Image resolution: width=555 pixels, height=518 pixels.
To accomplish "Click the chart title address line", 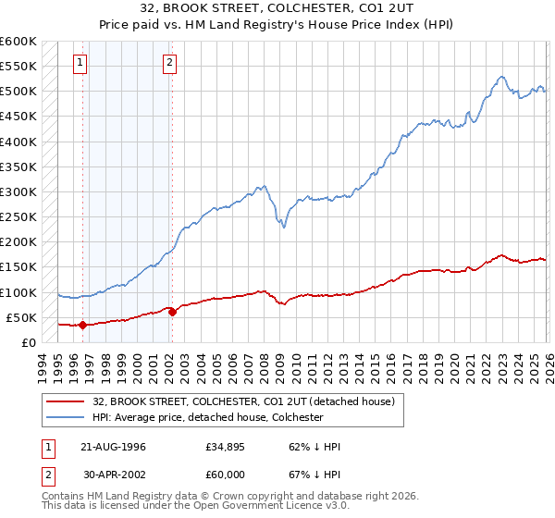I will tap(277, 8).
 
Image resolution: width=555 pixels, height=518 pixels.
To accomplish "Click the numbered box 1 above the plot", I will tap(80, 63).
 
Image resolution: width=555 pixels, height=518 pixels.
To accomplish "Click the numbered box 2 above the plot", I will tap(170, 63).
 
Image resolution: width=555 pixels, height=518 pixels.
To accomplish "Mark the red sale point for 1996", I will tap(82, 325).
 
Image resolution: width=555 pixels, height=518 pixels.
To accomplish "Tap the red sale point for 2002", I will tap(172, 312).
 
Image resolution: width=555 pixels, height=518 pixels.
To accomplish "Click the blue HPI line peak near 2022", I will tap(500, 77).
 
